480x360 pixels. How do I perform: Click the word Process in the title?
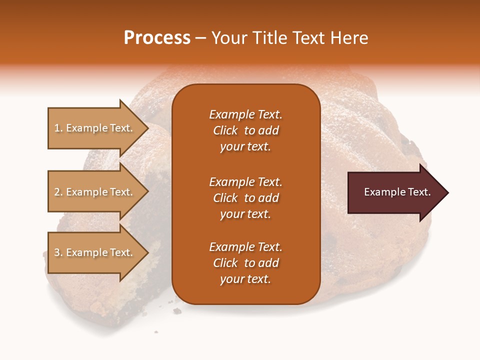(x=157, y=38)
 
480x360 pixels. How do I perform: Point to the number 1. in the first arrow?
(x=58, y=128)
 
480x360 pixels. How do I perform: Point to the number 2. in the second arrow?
(x=58, y=192)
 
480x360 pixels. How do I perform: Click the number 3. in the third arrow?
(x=58, y=252)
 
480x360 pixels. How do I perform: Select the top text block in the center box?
(x=245, y=130)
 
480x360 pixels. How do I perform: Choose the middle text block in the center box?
(x=245, y=198)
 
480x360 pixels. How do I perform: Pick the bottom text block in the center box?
(x=245, y=263)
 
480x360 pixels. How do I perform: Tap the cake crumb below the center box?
(x=177, y=311)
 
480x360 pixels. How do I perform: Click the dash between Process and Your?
(x=201, y=38)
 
